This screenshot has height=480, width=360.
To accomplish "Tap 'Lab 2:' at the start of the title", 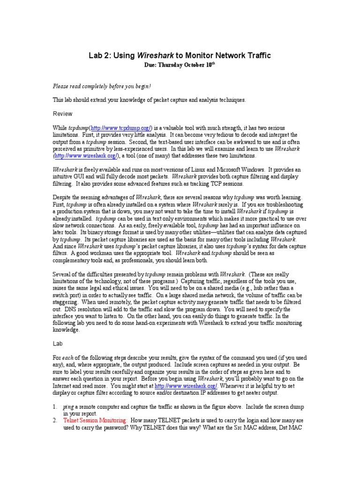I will [x=99, y=56].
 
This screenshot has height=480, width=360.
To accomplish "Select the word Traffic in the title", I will [x=255, y=56].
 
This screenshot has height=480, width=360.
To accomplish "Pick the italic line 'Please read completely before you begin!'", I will [x=102, y=87].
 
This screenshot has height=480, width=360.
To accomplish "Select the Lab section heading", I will [x=58, y=344].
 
